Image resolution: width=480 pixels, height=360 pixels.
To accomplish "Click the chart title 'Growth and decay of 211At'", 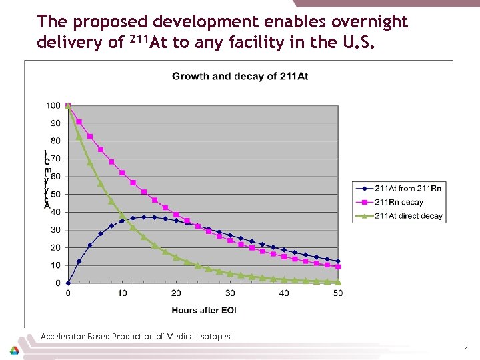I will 240,76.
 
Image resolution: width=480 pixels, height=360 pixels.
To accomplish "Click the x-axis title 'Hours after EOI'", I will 203,310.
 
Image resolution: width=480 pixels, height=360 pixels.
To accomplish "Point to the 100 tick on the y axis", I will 54,105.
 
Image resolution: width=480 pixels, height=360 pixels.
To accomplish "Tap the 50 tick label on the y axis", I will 54,194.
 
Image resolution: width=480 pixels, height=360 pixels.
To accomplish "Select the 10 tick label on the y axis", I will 54,265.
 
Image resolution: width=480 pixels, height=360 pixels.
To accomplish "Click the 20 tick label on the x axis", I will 176,293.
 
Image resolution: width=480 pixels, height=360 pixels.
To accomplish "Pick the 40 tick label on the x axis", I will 284,293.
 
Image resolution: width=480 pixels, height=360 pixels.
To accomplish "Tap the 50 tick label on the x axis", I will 338,293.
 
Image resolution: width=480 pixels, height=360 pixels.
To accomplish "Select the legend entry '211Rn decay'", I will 399,201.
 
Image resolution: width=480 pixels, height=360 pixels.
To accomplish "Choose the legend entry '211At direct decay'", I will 408,215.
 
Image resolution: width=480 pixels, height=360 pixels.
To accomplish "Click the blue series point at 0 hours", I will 68,283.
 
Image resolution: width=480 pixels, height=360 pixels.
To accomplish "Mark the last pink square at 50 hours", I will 338,267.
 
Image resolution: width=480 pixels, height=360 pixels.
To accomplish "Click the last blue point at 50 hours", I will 338,261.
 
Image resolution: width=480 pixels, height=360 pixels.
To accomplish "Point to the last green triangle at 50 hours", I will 338,281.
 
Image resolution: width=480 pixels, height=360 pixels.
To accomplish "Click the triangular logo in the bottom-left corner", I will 14,350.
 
